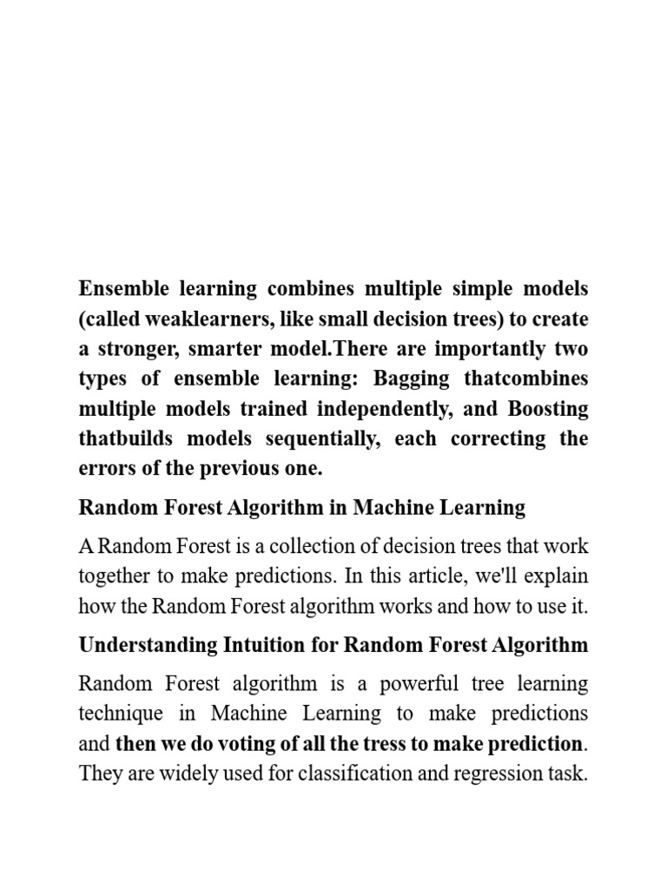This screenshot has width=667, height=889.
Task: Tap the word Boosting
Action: (x=548, y=408)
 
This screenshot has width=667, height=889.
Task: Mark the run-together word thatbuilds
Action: (x=120, y=438)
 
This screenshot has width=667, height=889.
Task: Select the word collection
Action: (x=292, y=547)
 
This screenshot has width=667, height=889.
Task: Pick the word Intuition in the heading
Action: (x=255, y=645)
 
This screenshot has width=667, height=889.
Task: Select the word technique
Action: (x=120, y=714)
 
